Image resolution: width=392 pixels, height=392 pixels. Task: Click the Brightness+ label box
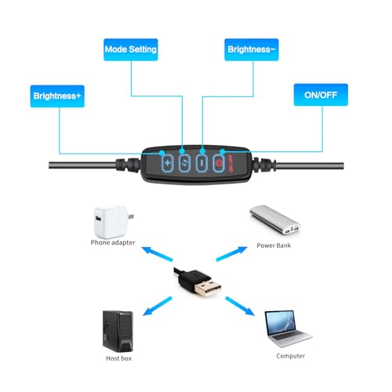[x=57, y=96]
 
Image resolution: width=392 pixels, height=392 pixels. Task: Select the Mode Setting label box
[x=131, y=49]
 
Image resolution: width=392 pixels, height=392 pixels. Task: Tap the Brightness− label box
[x=252, y=49]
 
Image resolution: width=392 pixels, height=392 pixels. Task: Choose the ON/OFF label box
[x=321, y=95]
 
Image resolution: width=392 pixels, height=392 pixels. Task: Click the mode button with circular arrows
[x=184, y=163]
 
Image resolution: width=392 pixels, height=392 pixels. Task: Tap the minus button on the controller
[x=201, y=163]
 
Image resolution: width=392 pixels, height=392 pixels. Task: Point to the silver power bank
[x=275, y=220]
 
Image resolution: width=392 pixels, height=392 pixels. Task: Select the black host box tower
[x=118, y=332]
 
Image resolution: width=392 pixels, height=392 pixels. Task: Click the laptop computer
[x=288, y=328]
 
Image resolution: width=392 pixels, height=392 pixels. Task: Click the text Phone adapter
[x=113, y=242]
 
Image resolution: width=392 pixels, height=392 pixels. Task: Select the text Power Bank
[x=274, y=245]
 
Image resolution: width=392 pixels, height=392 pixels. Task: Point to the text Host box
[x=118, y=358]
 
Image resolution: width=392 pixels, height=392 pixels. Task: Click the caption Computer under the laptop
[x=291, y=356]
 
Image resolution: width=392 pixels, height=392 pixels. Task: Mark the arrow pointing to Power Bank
[x=231, y=254]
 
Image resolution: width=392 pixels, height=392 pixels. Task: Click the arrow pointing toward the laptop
[x=240, y=306]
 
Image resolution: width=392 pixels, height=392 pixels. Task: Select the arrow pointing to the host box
[x=158, y=306]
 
